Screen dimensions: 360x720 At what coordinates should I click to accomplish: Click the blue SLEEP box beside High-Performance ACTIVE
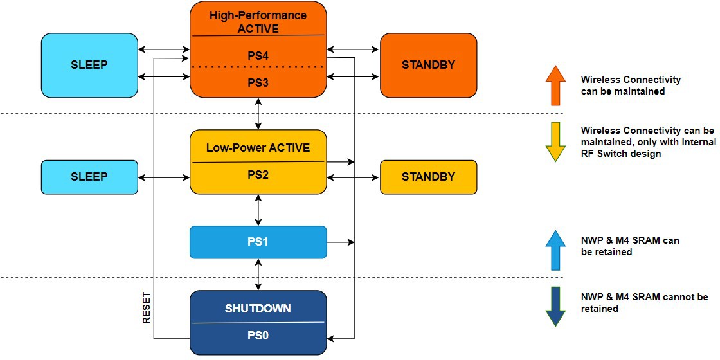point(89,65)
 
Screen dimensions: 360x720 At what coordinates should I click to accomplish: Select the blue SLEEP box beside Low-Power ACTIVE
point(89,177)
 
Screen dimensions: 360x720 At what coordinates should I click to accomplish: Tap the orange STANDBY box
point(428,65)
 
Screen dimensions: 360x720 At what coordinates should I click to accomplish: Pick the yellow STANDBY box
point(428,177)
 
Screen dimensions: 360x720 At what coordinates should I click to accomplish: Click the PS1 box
point(258,242)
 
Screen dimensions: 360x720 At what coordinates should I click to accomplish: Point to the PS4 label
point(258,56)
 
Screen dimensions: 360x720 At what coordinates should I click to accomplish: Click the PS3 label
point(258,83)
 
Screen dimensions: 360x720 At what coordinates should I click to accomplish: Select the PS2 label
point(258,175)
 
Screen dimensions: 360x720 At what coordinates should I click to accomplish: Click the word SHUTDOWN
point(258,309)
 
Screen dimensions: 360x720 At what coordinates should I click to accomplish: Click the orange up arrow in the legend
point(555,85)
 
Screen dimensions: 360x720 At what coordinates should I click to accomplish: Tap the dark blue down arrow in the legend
point(555,307)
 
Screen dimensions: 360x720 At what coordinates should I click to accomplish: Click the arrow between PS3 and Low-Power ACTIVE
point(258,114)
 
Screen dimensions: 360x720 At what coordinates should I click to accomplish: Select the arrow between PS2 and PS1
point(258,210)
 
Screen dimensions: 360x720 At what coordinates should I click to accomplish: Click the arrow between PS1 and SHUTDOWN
point(258,274)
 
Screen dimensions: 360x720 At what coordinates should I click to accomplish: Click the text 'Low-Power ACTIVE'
point(258,148)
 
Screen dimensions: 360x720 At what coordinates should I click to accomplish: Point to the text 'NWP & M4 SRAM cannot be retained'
point(643,303)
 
